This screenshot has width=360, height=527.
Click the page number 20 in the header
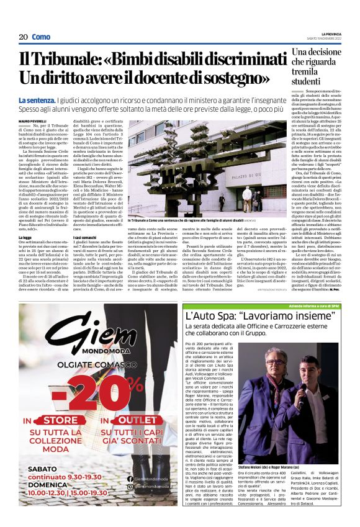(x=23, y=37)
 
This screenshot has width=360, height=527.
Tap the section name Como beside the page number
(x=41, y=37)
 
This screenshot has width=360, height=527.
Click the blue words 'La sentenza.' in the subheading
(x=37, y=100)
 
